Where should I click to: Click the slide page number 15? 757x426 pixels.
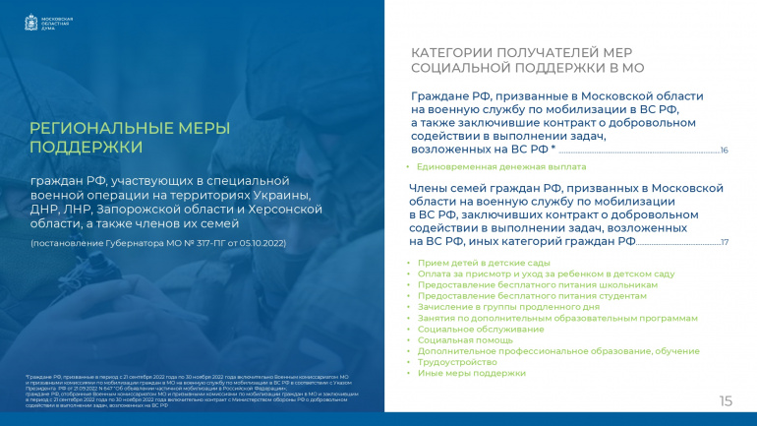[x=727, y=400]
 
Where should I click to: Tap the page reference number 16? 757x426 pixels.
[x=724, y=151]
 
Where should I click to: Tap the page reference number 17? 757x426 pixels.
[x=724, y=242]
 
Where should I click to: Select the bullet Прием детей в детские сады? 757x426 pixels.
[x=470, y=264]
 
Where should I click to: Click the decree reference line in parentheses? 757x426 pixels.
[x=158, y=242]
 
